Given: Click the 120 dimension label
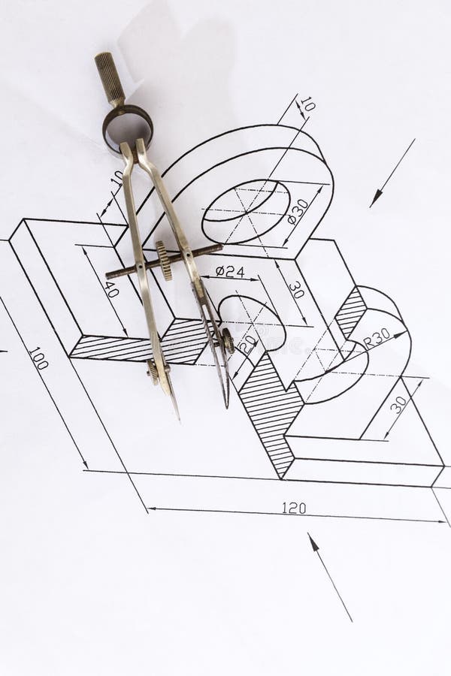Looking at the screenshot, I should point(294,508).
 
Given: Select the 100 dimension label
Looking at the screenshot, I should point(38,358).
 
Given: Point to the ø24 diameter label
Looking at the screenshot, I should point(229,271).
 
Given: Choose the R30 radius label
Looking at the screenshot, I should point(377,339).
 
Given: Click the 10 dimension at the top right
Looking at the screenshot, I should point(307,104).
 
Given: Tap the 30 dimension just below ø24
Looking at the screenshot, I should point(295,289).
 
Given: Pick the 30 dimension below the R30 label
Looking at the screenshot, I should point(398,403).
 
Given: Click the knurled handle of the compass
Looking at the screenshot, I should point(110,79).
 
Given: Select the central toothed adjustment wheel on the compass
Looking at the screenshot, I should point(164,261).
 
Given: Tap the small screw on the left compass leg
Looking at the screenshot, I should point(153,371).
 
